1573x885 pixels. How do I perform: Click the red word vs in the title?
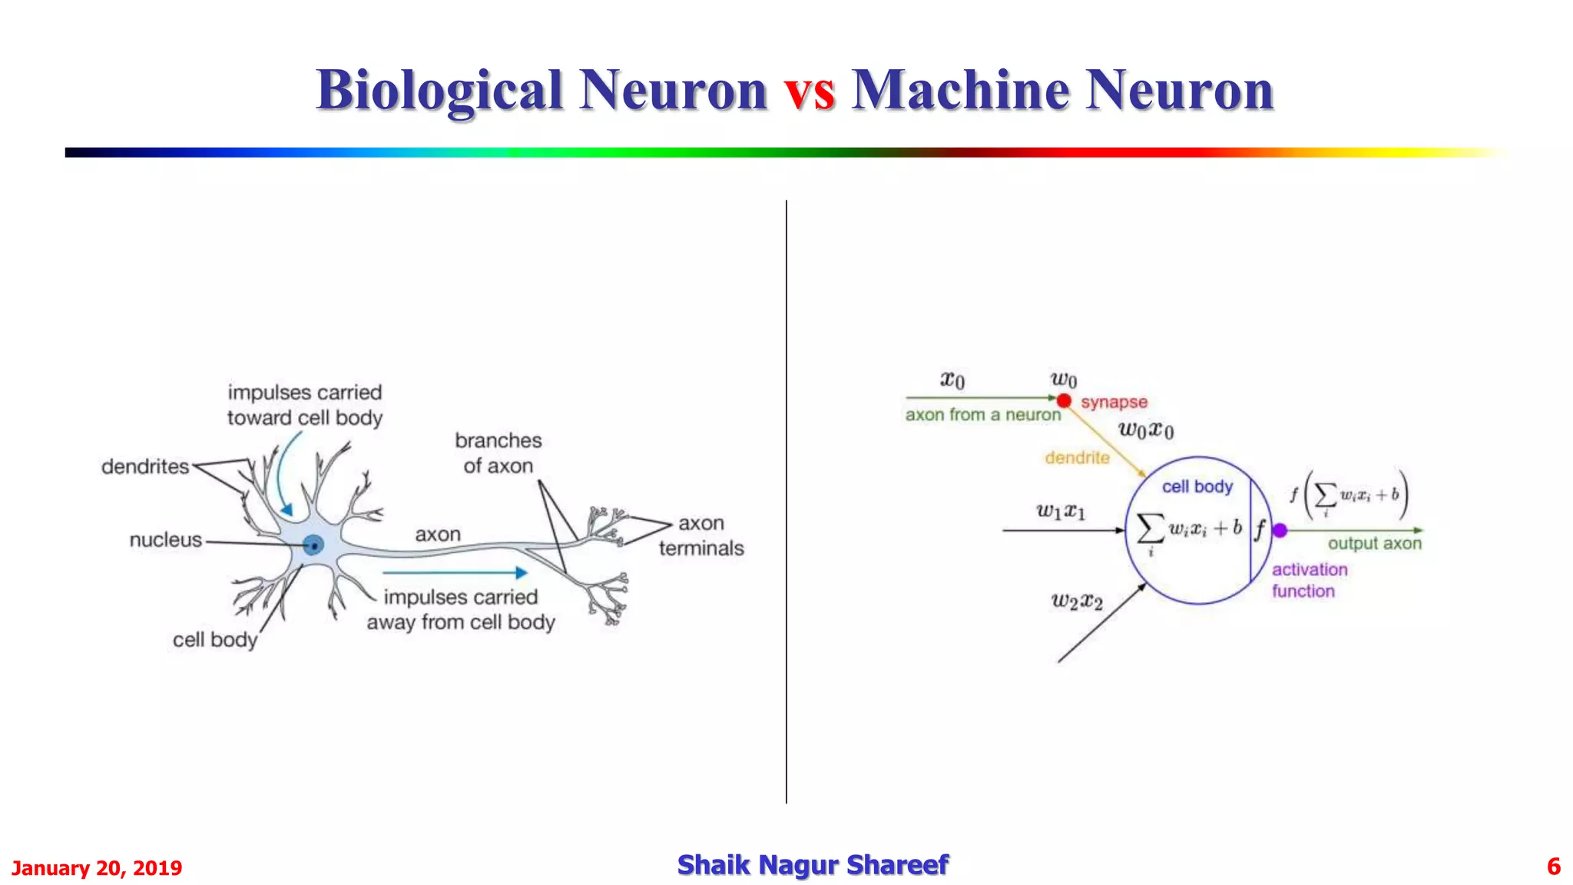tap(809, 91)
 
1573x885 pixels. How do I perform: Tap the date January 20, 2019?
tap(97, 868)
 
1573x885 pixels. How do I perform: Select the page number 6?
tap(1553, 867)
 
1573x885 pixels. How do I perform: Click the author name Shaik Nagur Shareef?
tap(813, 865)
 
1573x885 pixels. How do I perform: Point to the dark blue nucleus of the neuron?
tap(313, 545)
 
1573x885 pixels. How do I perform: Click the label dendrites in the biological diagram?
tap(145, 466)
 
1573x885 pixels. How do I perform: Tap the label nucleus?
tap(165, 540)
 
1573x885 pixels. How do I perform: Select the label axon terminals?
tap(701, 535)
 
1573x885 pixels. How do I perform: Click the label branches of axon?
tap(498, 453)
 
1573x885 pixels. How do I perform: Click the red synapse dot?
tap(1064, 400)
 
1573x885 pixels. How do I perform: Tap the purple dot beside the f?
tap(1280, 530)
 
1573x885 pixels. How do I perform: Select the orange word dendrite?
tap(1077, 458)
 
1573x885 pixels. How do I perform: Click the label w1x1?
tap(1061, 511)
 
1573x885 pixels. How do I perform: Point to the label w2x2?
tap(1077, 601)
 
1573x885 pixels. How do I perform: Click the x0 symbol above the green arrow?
tap(952, 380)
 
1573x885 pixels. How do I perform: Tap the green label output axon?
tap(1374, 543)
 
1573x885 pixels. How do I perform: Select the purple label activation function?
tap(1309, 580)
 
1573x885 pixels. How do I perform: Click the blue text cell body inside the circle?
tap(1197, 486)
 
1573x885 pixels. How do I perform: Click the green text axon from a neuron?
tap(982, 415)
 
